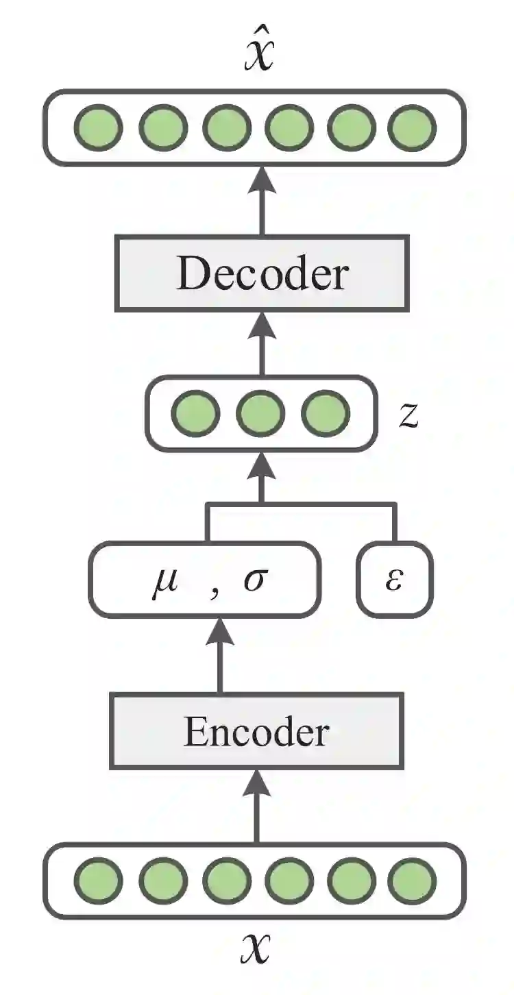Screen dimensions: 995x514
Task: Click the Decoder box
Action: (x=261, y=273)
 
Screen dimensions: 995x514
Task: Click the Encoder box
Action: (x=256, y=731)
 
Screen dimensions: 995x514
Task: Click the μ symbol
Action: (x=164, y=582)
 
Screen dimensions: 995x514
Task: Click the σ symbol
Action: (x=254, y=583)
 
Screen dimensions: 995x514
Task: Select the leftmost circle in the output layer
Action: (x=99, y=127)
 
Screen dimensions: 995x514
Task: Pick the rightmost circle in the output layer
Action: (x=412, y=127)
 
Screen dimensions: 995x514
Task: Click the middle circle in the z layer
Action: (x=260, y=414)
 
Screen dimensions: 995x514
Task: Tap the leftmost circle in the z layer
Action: (x=195, y=414)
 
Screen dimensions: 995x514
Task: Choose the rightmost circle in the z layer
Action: (x=326, y=414)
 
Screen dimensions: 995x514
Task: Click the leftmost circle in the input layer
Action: (x=99, y=881)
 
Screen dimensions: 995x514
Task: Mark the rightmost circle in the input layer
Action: (x=412, y=881)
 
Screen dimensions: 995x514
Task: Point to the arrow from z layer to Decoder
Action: (x=260, y=343)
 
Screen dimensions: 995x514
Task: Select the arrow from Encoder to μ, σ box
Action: (x=219, y=654)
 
